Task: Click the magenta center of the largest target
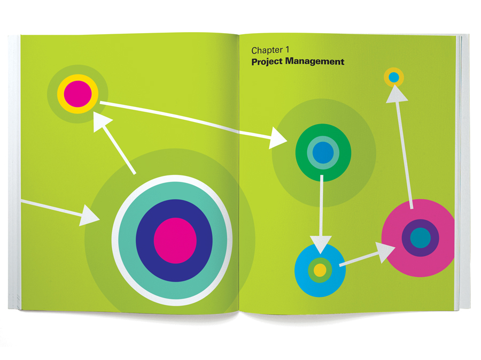pyautogui.click(x=175, y=241)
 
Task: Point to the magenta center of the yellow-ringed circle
pyautogui.click(x=78, y=94)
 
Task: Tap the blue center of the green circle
pyautogui.click(x=323, y=153)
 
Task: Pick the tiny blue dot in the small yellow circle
pyautogui.click(x=394, y=78)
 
